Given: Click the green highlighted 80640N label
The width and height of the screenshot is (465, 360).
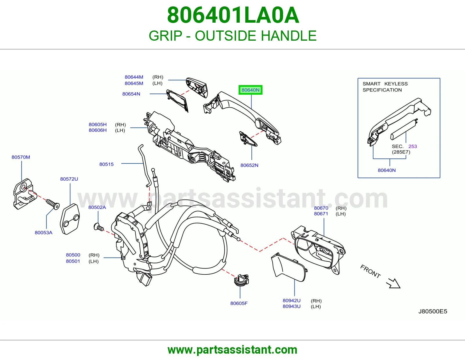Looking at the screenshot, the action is click(250, 90).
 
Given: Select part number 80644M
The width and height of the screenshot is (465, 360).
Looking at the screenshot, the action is click(134, 77).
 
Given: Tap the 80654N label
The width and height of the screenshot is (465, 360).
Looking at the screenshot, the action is click(131, 94).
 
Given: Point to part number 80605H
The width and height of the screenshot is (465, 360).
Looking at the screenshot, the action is click(98, 125).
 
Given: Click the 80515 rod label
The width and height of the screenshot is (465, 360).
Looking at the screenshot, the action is click(106, 164).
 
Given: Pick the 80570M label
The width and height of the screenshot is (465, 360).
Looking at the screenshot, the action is click(21, 157).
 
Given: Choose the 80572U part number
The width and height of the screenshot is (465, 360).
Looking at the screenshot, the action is click(69, 179).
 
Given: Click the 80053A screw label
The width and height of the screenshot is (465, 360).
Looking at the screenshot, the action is click(43, 233).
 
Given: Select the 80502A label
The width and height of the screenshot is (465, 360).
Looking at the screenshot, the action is click(97, 207).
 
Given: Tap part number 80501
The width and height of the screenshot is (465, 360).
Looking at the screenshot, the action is click(73, 261).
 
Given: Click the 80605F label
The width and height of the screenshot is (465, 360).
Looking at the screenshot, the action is click(239, 303).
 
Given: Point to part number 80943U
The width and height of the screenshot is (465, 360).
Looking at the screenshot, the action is click(291, 306).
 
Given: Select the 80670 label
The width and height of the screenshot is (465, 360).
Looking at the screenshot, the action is click(321, 208).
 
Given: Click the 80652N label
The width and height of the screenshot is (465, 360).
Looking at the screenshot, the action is click(249, 165).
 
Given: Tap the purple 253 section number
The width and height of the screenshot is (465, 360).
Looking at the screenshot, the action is click(413, 146).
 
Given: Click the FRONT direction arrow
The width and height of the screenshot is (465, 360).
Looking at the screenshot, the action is click(393, 283).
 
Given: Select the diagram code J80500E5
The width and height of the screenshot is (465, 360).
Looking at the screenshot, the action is click(433, 311).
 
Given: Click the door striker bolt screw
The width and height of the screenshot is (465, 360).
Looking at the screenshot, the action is click(53, 204).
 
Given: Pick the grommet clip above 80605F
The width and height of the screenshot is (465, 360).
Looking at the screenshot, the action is click(242, 280).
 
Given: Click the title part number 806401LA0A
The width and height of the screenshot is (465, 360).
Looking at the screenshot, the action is click(233, 15).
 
